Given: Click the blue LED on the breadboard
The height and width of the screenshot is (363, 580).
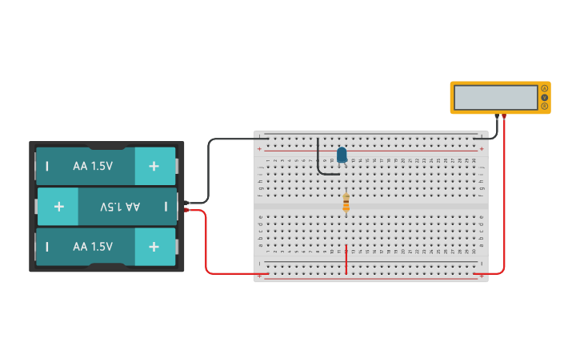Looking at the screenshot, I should (342, 155).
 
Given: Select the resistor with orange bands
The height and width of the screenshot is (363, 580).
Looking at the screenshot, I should (346, 204).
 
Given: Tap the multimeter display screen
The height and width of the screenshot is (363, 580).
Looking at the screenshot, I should (495, 98).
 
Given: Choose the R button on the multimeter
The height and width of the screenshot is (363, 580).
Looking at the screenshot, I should (545, 106).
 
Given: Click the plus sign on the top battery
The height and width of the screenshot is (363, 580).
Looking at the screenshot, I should (153, 166).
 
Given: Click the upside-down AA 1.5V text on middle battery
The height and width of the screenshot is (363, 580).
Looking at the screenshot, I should (120, 207).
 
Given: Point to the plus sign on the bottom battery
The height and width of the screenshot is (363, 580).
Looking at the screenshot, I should (153, 247).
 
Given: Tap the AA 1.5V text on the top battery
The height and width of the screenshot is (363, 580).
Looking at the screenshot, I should (93, 166).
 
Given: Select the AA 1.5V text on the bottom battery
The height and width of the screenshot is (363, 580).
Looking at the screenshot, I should (93, 247).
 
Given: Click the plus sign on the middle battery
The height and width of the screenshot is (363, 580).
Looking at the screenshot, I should (58, 207).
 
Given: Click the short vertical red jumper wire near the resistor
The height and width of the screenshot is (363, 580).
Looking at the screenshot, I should (346, 258).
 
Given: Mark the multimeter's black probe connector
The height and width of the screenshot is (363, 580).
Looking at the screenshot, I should (497, 117).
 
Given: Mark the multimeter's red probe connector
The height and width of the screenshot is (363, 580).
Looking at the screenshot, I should (504, 117).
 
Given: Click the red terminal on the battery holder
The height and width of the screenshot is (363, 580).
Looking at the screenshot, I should (186, 210).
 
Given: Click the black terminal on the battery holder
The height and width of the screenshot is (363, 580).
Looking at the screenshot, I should (186, 202).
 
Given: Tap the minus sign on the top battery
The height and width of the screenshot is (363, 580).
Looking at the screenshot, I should (47, 166).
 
